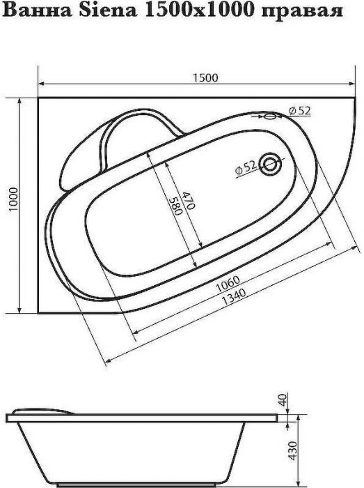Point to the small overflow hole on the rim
[272, 116]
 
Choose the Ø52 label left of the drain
[246, 167]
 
